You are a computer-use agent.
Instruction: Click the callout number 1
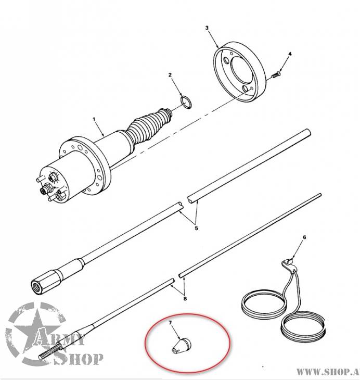point(94,119)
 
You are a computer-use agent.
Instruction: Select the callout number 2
point(170,75)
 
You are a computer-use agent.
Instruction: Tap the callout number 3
point(207,27)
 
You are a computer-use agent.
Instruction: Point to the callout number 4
point(290,54)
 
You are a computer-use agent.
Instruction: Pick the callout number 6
point(304,238)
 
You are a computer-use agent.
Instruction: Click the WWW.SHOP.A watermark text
point(327,372)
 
